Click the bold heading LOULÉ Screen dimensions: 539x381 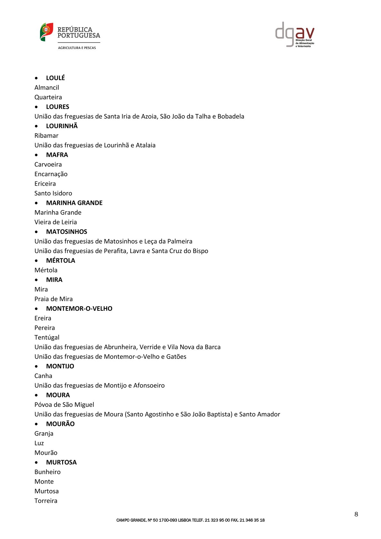click(x=55, y=78)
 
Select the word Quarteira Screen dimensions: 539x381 click(x=48, y=97)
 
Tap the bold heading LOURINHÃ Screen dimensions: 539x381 click(x=62, y=126)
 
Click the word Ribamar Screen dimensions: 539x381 click(x=46, y=135)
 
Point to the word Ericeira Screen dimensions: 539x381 click(x=45, y=184)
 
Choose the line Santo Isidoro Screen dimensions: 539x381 click(x=53, y=193)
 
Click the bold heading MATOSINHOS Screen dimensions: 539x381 click(x=67, y=232)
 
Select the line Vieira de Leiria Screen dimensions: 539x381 click(x=56, y=222)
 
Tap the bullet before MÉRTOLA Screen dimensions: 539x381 click(x=36, y=261)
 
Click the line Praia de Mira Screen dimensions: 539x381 click(x=53, y=299)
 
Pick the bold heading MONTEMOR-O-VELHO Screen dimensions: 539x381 click(x=79, y=308)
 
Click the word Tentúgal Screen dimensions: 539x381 click(x=47, y=337)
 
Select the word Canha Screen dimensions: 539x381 click(x=43, y=376)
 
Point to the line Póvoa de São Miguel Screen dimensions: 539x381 click(x=64, y=404)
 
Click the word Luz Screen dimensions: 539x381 click(x=39, y=443)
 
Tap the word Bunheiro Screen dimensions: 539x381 click(x=47, y=472)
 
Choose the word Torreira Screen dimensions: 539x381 click(x=46, y=501)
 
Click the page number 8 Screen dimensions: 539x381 click(x=356, y=514)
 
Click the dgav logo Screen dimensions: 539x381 click(x=295, y=35)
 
